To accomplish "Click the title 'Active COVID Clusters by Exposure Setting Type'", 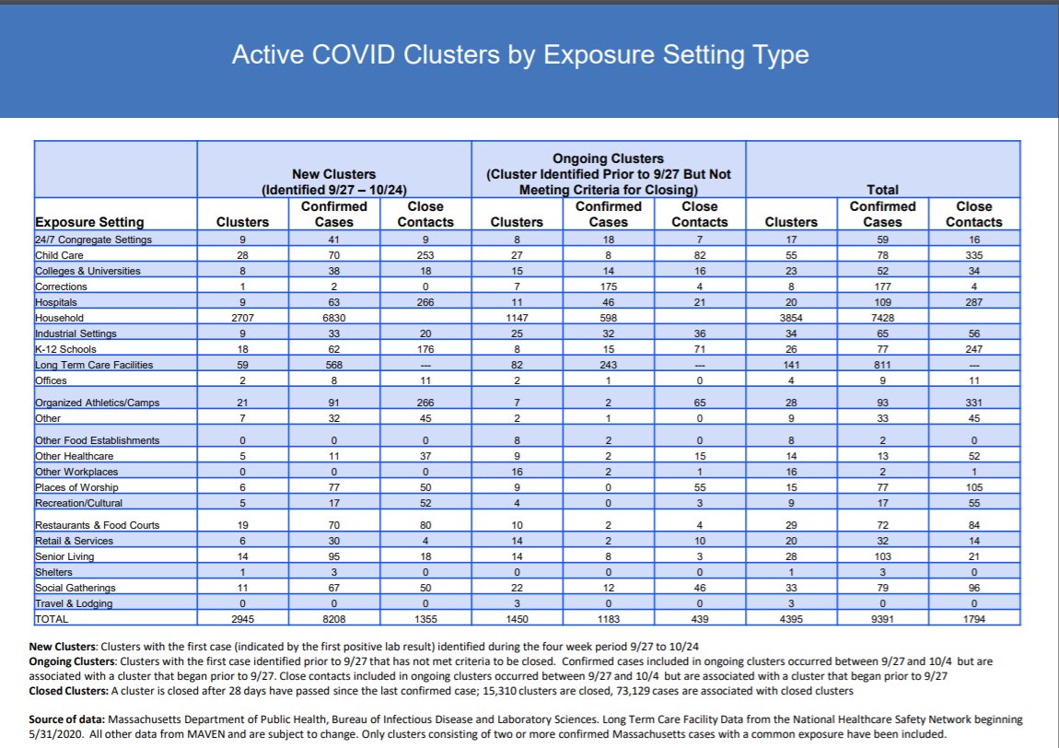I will tap(520, 55).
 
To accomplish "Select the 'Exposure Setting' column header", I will tap(89, 222).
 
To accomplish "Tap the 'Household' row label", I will tap(59, 318).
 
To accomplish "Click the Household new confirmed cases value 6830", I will tap(333, 318).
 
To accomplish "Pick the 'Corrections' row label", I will tap(63, 286).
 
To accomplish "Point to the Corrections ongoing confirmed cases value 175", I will tap(608, 286).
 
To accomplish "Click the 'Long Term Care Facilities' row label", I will tap(94, 365).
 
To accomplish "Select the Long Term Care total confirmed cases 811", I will tap(882, 365).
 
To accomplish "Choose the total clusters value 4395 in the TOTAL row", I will tap(791, 619).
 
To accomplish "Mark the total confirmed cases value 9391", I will tap(882, 619).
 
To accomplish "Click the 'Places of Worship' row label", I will tap(76, 487).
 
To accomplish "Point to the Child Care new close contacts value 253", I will tap(425, 255).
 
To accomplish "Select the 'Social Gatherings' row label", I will tap(76, 588).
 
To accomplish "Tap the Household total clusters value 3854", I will tap(791, 318).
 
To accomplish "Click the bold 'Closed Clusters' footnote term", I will tap(68, 690).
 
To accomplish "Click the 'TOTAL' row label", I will tap(52, 619).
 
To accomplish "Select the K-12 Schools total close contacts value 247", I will tap(973, 349).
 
